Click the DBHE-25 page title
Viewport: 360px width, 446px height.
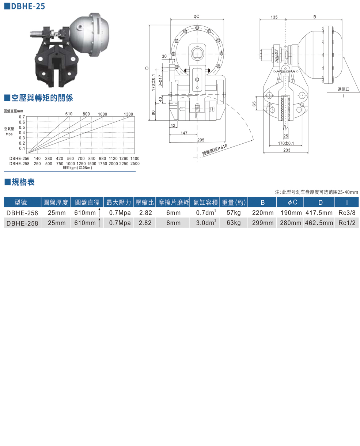pos(27,6)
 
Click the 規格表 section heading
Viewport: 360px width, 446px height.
pos(23,182)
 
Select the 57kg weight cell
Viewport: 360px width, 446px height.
pos(234,213)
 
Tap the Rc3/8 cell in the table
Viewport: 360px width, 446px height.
pos(346,213)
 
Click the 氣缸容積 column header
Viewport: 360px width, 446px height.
pos(205,202)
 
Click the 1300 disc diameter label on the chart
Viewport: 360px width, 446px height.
pos(128,114)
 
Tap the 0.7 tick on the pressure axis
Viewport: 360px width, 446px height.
pos(22,117)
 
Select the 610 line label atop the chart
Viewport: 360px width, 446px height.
pos(69,114)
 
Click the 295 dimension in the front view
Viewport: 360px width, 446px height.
pos(200,140)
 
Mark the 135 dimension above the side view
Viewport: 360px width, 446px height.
pos(274,17)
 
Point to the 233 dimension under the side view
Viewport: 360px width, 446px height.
pos(287,150)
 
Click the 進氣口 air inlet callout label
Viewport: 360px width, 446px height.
pos(344,89)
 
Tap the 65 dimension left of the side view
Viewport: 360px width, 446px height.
pos(254,104)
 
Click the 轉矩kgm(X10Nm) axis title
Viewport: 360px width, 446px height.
pos(77,168)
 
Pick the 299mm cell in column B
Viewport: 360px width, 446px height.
pos(262,223)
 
